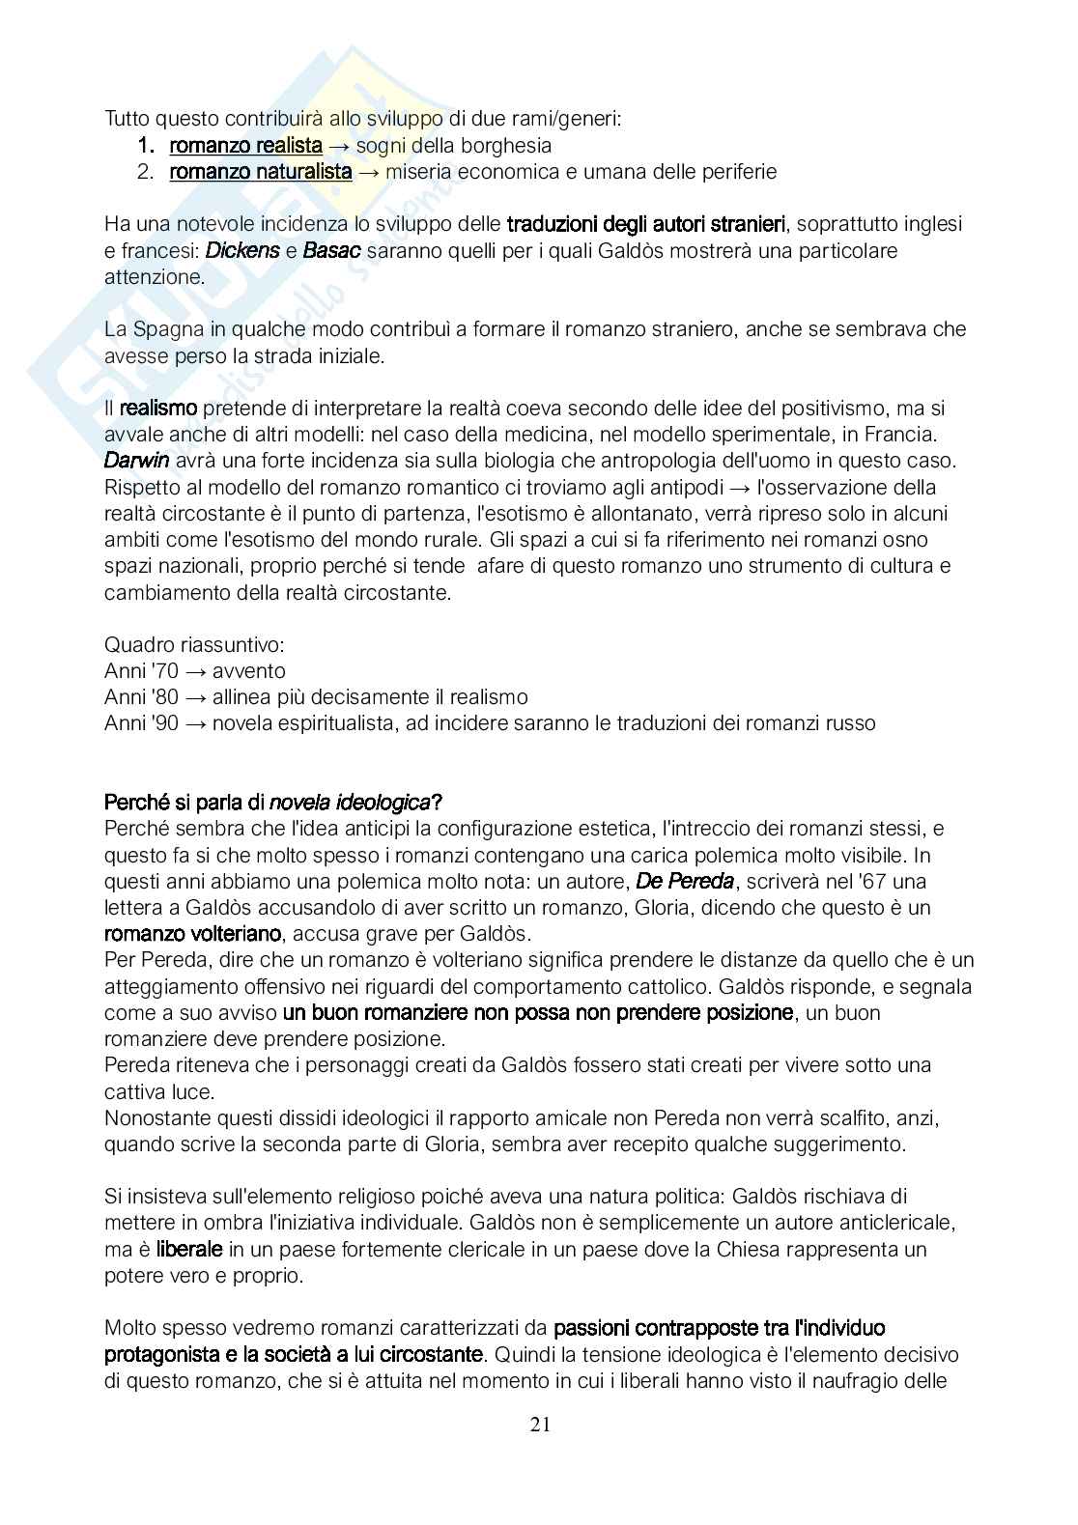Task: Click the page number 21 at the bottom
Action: click(x=540, y=1426)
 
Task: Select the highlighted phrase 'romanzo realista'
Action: click(x=245, y=146)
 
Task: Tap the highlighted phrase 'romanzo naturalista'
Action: click(x=260, y=172)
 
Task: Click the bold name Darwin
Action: click(x=137, y=461)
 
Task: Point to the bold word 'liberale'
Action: click(x=189, y=1249)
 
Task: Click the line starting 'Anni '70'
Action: click(x=195, y=671)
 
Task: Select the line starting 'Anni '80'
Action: click(x=316, y=697)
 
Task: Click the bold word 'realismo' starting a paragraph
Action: click(x=158, y=409)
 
